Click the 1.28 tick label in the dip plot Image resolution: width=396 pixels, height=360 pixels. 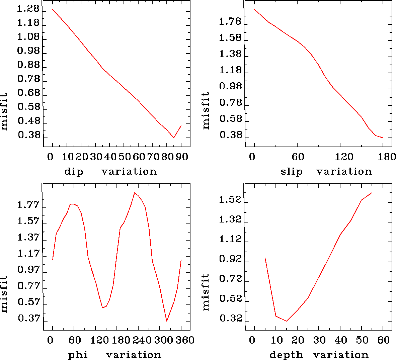[x=28, y=9]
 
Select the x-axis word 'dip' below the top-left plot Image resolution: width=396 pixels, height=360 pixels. [x=74, y=172]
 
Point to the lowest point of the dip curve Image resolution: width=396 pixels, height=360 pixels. [x=173, y=138]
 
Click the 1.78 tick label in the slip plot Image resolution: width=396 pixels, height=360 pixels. [x=230, y=22]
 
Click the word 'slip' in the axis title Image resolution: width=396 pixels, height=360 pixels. [x=292, y=172]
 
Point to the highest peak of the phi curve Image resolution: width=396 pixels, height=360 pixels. [x=134, y=193]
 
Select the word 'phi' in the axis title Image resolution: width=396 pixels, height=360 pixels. [x=78, y=355]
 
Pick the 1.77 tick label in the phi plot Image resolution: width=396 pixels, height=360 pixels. [x=28, y=205]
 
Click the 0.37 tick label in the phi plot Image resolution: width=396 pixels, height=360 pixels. [x=28, y=319]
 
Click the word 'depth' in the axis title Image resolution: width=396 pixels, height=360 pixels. [x=282, y=355]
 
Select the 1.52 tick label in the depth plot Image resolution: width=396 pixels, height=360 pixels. [x=230, y=200]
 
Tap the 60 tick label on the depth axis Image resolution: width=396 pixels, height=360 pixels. [x=384, y=340]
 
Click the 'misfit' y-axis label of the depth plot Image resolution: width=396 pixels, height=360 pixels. [x=206, y=292]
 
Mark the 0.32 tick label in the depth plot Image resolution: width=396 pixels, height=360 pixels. [x=230, y=319]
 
